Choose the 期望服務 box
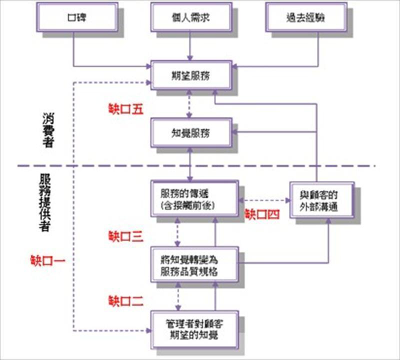(190, 76)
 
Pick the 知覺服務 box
(190, 132)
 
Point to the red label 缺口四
(260, 214)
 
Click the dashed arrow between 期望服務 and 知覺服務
(190, 104)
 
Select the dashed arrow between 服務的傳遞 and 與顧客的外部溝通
(265, 200)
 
